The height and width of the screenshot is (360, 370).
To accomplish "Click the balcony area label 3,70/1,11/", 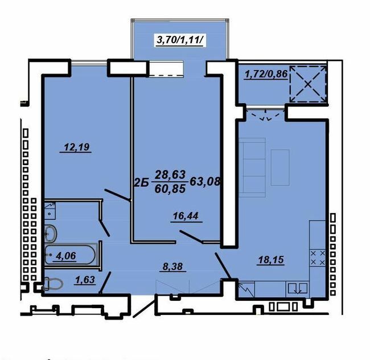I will pos(180,40).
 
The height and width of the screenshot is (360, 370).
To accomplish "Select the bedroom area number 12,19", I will pos(76,148).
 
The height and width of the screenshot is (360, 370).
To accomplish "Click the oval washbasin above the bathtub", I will pos(51,232).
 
